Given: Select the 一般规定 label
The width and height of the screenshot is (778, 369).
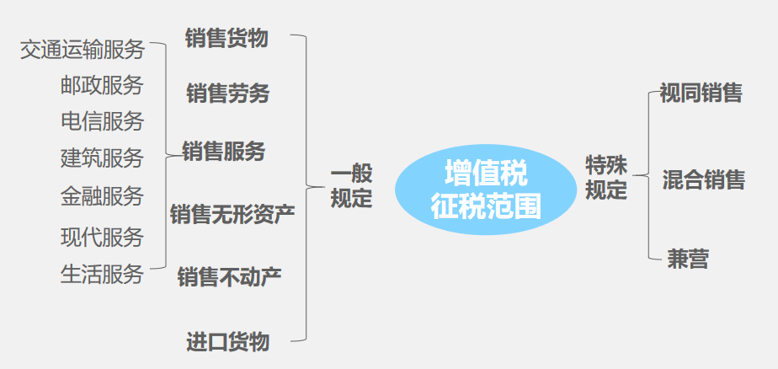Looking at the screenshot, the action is click(351, 186).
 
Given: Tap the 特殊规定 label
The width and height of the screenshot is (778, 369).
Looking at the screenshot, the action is click(606, 177).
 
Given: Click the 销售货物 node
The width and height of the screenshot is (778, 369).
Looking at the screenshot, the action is click(226, 38).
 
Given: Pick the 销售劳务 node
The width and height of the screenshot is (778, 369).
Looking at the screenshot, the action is click(227, 94).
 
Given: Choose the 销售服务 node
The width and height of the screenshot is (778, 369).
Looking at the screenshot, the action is click(224, 151).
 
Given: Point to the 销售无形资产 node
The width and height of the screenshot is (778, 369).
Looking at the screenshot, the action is click(232, 214).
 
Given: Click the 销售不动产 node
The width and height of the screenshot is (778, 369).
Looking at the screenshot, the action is click(229, 276).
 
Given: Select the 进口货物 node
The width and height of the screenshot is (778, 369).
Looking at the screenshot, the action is click(227, 341).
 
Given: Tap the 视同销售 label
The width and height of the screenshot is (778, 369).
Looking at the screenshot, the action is click(701, 93).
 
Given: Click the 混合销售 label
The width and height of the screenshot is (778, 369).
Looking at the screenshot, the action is click(703, 179).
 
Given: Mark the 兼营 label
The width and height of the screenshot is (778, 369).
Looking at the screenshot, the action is click(688, 259).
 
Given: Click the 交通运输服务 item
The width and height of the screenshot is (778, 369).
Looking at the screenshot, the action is click(82, 50).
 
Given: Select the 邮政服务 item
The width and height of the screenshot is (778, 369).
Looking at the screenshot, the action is click(102, 85).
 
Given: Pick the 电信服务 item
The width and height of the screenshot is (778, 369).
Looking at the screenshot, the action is click(102, 121).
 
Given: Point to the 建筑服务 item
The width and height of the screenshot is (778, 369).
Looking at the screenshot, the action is click(102, 158).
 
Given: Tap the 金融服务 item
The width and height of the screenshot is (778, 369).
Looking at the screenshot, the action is click(102, 196).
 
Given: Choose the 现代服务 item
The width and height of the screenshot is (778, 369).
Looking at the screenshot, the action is click(102, 237).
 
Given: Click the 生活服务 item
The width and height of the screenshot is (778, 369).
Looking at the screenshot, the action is click(102, 275).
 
